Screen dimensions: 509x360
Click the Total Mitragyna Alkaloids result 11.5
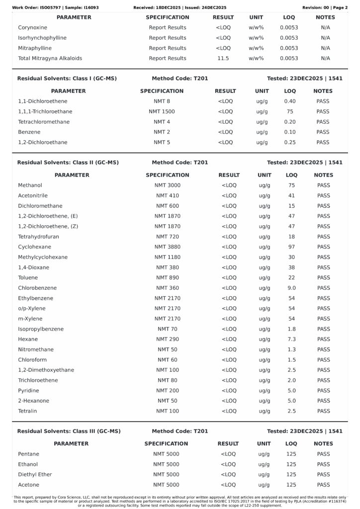[x=223, y=58]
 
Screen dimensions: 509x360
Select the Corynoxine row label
[x=32, y=27]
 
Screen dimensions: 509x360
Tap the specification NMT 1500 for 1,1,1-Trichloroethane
[x=162, y=111]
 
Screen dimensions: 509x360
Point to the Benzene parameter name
[x=29, y=132]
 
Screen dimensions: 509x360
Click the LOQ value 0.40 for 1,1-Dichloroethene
[x=290, y=101]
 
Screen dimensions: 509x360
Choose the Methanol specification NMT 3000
[x=168, y=185]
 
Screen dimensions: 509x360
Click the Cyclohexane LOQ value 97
[x=291, y=247]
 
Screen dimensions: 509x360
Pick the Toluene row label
[x=28, y=278]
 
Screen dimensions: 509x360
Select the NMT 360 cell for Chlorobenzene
[x=168, y=288]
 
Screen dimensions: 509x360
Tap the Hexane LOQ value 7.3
[x=291, y=339]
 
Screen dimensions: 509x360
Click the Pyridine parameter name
[x=28, y=391]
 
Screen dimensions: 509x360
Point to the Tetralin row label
[x=27, y=411]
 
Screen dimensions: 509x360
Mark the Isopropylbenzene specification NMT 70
[x=168, y=329]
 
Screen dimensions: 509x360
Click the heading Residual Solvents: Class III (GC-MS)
[x=69, y=431]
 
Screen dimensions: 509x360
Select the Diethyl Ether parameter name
[x=35, y=474]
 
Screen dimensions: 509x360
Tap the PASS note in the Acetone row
[x=323, y=485]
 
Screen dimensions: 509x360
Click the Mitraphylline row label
[x=35, y=48]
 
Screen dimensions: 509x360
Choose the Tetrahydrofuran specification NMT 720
[x=168, y=237]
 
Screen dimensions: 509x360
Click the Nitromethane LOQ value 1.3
[x=291, y=349]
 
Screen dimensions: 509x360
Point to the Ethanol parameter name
[x=28, y=464]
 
